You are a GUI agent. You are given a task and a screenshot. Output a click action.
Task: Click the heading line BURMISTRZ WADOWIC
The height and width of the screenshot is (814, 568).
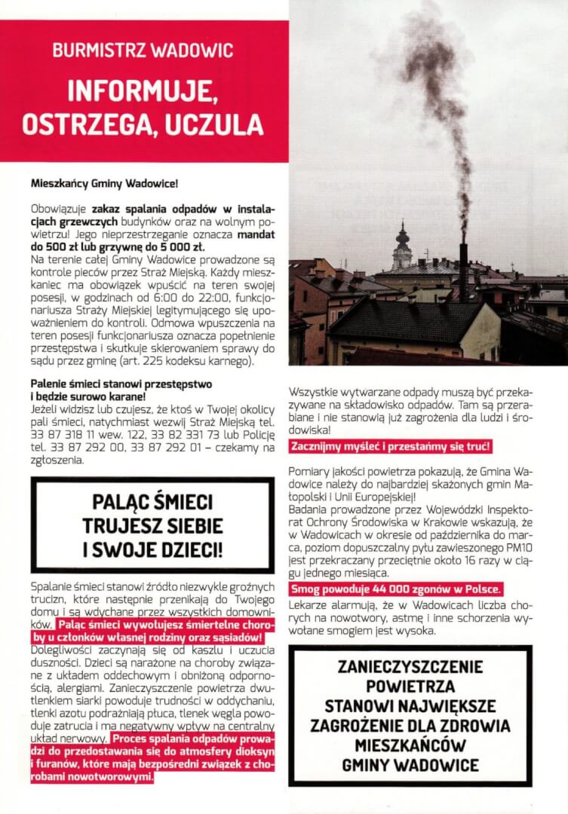pyautogui.click(x=143, y=52)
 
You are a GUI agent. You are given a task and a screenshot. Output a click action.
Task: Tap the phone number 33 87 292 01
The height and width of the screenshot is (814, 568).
pyautogui.click(x=159, y=448)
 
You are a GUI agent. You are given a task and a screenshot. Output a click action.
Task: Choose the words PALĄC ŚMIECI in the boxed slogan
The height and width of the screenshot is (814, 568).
pyautogui.click(x=152, y=502)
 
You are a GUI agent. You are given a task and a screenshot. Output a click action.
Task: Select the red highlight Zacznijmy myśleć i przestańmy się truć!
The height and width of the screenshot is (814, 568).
pyautogui.click(x=391, y=447)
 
